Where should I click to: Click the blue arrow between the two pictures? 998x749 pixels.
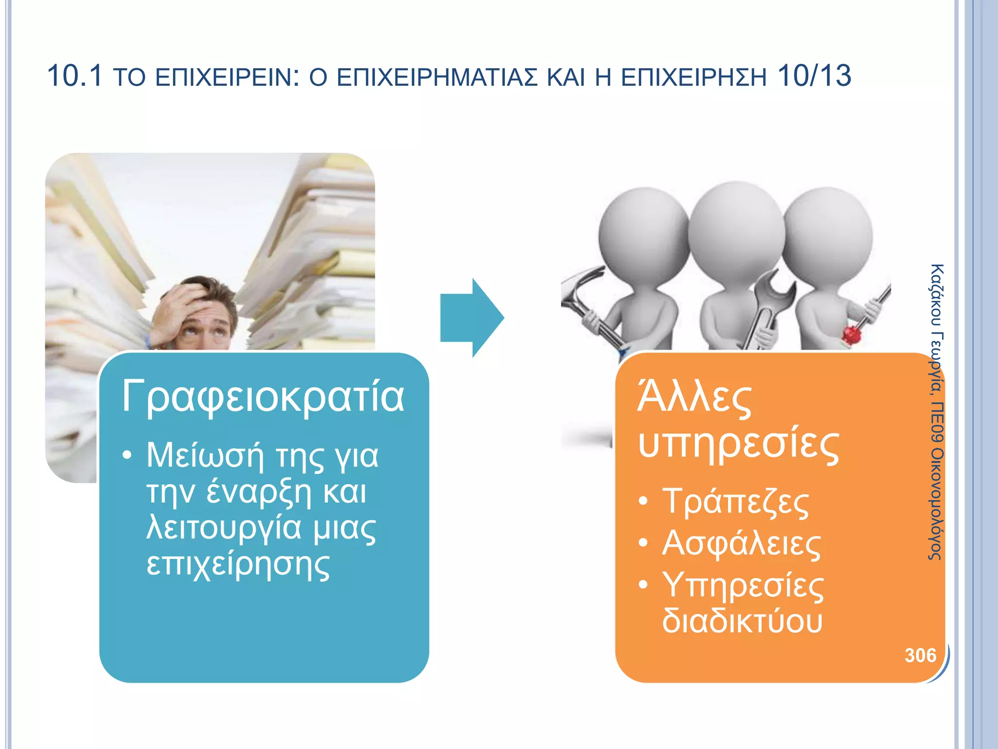click(x=471, y=318)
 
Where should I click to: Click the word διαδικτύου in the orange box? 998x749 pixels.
click(x=742, y=621)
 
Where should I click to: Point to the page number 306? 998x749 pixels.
click(x=920, y=655)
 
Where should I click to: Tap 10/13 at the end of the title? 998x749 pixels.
click(x=814, y=76)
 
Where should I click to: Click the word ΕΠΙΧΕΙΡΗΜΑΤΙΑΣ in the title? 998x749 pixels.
click(x=437, y=78)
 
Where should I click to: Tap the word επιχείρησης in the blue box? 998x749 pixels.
click(x=238, y=565)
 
